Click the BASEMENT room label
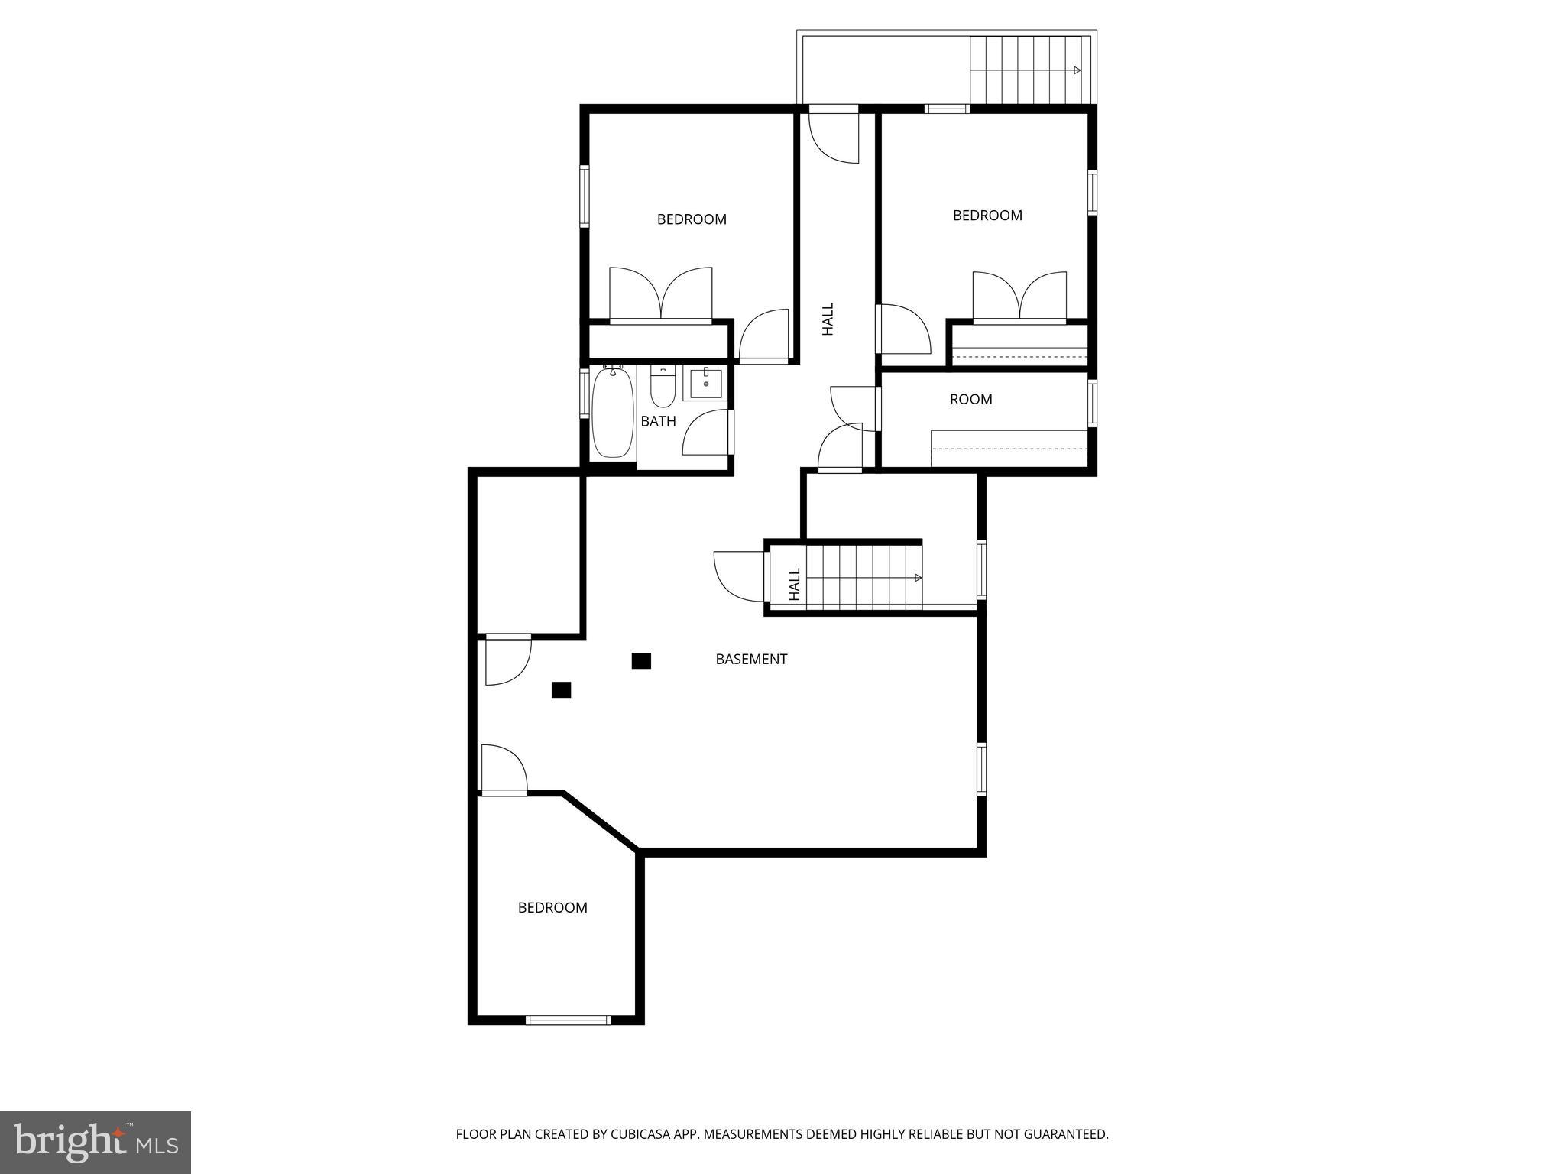(751, 659)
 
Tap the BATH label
(658, 421)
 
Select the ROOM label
(970, 399)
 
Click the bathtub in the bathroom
(613, 413)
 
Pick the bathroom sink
(705, 383)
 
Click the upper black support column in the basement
(641, 660)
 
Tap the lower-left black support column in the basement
(561, 690)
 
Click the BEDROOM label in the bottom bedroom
(552, 907)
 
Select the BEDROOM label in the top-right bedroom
(987, 216)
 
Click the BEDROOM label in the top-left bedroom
(692, 219)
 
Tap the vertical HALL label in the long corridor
(828, 319)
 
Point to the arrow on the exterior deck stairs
(1077, 70)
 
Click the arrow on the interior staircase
(918, 578)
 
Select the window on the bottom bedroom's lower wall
(568, 1019)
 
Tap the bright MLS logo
(96, 1142)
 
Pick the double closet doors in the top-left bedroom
(661, 294)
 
